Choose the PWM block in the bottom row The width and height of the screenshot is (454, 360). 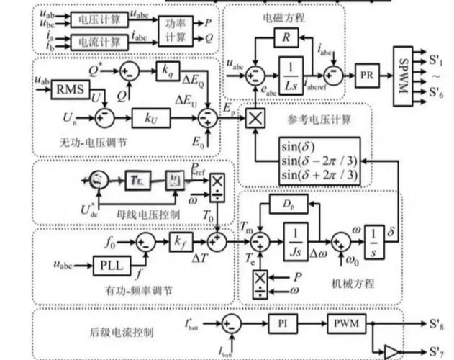point(346,322)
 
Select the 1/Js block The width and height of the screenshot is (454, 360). point(294,240)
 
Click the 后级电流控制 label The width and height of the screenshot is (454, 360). point(118,331)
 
